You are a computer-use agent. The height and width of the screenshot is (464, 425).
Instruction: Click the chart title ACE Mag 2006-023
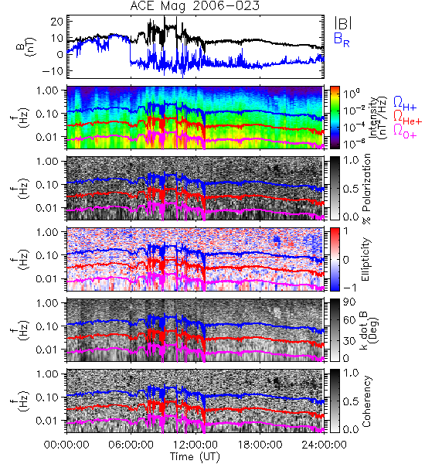[x=195, y=6]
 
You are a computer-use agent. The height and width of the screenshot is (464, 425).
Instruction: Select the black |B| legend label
[x=343, y=22]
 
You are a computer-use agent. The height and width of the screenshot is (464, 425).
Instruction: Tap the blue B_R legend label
[x=342, y=39]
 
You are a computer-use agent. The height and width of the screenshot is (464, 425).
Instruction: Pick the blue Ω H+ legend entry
[x=405, y=104]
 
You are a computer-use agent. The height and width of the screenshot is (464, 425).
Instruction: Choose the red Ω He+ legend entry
[x=407, y=117]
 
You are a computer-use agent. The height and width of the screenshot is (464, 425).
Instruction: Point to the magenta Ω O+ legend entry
[x=405, y=131]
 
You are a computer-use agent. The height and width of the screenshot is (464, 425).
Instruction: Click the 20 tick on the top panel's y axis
[x=56, y=22]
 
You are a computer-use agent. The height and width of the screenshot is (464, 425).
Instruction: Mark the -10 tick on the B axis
[x=53, y=71]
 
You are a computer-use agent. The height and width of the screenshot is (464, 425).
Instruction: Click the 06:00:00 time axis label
[x=131, y=445]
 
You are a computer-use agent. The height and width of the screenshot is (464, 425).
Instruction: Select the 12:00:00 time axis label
[x=195, y=445]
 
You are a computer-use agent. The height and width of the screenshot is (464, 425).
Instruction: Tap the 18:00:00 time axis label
[x=260, y=445]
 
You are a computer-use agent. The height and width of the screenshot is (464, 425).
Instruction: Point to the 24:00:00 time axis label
[x=324, y=445]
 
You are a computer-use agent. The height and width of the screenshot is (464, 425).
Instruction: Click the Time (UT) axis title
[x=195, y=456]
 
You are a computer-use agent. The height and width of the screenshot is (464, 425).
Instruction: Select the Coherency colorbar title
[x=367, y=401]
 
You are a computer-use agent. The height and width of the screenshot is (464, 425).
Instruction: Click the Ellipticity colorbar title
[x=366, y=259]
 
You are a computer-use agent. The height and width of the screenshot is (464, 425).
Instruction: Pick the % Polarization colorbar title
[x=367, y=189]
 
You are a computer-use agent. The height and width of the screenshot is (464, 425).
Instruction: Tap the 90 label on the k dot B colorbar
[x=349, y=302]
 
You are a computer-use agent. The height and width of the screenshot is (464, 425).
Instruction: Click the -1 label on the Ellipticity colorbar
[x=349, y=288]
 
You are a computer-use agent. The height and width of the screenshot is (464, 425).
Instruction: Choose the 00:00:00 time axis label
[x=66, y=445]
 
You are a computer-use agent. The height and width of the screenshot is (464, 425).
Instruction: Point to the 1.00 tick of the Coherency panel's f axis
[x=49, y=374]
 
